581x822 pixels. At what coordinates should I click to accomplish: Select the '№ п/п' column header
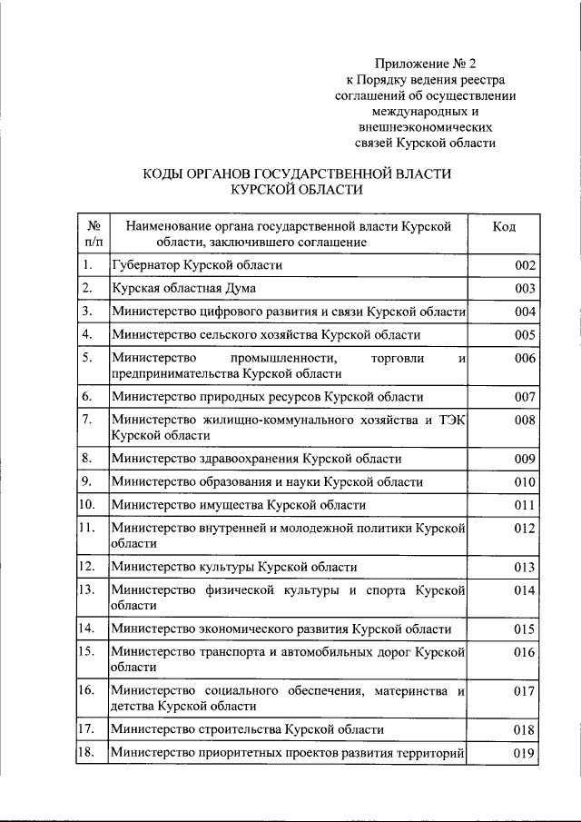click(92, 233)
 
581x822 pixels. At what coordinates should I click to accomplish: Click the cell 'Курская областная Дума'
click(183, 289)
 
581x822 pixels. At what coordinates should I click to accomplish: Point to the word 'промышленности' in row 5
click(276, 359)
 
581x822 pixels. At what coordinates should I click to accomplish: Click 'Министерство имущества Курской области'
click(238, 505)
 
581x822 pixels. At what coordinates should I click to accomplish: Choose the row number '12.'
click(88, 567)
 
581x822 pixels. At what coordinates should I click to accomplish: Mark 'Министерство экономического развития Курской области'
click(281, 629)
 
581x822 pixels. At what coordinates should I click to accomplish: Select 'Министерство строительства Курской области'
click(247, 729)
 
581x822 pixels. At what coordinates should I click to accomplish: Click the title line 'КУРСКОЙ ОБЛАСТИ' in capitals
click(297, 190)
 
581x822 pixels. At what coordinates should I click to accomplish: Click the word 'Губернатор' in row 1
click(143, 265)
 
